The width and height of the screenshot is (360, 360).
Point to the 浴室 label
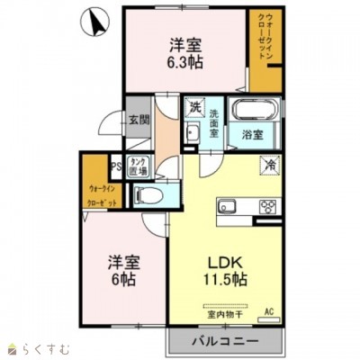click(x=253, y=136)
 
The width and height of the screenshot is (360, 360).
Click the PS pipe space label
click(x=115, y=165)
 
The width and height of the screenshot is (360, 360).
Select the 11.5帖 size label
click(x=226, y=279)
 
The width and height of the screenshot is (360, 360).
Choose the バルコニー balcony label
click(x=225, y=342)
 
